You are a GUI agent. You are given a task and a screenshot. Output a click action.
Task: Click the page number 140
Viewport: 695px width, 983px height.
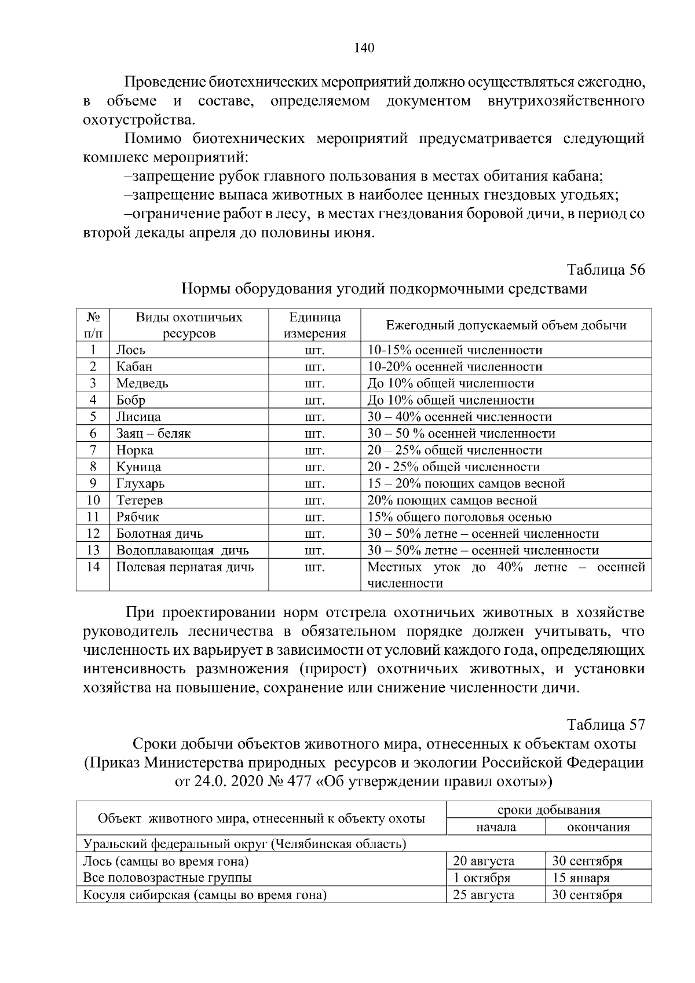[x=364, y=47]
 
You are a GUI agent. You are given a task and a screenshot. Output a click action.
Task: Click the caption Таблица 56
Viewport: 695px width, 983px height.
[x=606, y=270]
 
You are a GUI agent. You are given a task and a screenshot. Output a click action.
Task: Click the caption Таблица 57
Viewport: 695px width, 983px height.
[x=606, y=725]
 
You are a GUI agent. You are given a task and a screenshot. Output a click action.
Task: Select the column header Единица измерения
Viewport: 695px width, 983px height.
[x=314, y=325]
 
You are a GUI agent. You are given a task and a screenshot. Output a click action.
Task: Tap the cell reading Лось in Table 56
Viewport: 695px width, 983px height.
[x=131, y=350]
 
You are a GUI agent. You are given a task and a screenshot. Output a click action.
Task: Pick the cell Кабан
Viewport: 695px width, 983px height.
[x=134, y=367]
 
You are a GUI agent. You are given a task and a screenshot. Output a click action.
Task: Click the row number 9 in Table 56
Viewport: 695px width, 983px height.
[x=93, y=484]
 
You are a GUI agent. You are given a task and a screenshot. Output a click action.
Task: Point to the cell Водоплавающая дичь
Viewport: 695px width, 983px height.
[x=182, y=551]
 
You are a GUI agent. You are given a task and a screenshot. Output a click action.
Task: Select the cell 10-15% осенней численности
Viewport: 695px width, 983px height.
[x=455, y=350]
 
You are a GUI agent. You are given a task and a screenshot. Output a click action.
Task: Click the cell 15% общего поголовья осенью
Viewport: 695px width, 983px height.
[x=459, y=517]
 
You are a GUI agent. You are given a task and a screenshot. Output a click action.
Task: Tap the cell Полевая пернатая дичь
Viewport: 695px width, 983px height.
[x=185, y=567]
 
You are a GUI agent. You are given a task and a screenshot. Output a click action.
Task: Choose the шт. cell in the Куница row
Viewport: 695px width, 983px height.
[x=314, y=467]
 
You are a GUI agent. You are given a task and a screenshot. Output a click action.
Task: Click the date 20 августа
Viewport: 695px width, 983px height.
[x=484, y=861]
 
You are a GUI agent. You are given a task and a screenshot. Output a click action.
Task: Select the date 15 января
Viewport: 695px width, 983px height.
[x=581, y=878]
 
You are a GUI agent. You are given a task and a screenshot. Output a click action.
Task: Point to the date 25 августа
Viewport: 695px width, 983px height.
[x=484, y=895]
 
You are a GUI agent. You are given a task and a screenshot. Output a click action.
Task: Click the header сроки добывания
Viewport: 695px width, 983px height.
[x=548, y=810]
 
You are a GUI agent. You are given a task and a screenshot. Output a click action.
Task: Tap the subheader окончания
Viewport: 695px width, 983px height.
[x=598, y=827]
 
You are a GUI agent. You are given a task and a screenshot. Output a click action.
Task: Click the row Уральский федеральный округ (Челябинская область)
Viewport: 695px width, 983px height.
[x=244, y=844]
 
